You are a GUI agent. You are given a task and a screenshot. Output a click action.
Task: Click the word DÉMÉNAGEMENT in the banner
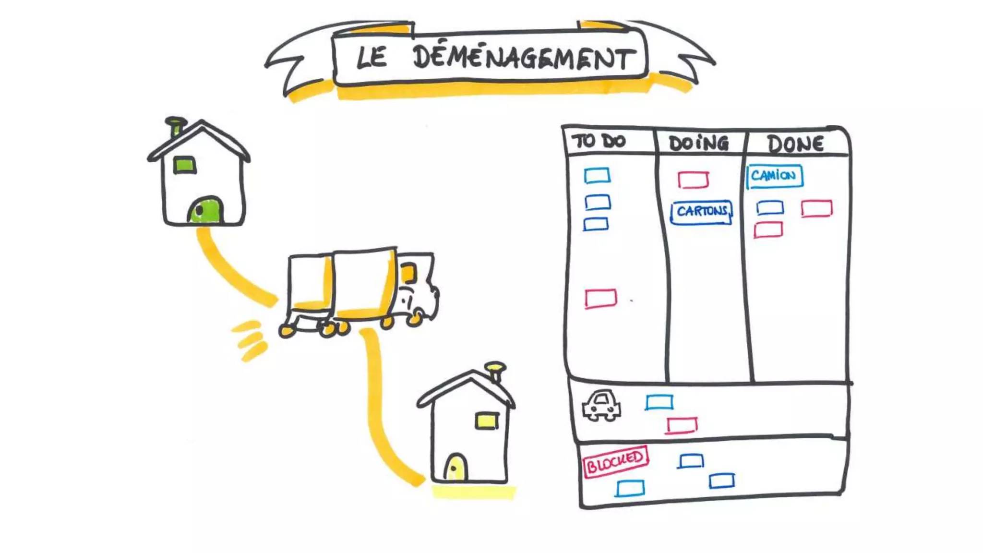pyautogui.click(x=523, y=59)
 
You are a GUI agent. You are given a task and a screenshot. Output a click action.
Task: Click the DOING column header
pyautogui.click(x=698, y=143)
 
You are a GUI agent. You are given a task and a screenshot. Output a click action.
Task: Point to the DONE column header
pyautogui.click(x=795, y=144)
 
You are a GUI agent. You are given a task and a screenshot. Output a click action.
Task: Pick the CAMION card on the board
pyautogui.click(x=774, y=176)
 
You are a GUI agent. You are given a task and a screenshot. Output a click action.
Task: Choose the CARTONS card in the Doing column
pyautogui.click(x=701, y=212)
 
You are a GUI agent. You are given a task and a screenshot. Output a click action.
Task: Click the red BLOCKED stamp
pyautogui.click(x=615, y=461)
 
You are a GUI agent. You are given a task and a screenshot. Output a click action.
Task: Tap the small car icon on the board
pyautogui.click(x=601, y=406)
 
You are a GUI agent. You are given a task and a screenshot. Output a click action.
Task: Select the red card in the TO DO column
pyautogui.click(x=600, y=298)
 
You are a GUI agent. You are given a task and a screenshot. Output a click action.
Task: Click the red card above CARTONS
pyautogui.click(x=693, y=180)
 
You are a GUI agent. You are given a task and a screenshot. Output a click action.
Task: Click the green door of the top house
pyautogui.click(x=206, y=211)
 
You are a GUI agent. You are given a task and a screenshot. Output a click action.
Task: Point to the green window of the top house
pyautogui.click(x=184, y=165)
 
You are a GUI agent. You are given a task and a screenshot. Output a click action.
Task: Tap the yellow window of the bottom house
pyautogui.click(x=487, y=421)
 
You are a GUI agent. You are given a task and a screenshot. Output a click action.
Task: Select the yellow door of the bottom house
pyautogui.click(x=455, y=468)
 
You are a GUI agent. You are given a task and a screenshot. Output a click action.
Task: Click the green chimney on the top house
pyautogui.click(x=176, y=126)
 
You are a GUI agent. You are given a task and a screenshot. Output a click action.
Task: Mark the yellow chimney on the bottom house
pyautogui.click(x=495, y=371)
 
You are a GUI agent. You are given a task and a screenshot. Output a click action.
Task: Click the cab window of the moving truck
pyautogui.click(x=408, y=274)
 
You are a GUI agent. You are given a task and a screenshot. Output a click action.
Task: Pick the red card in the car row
pyautogui.click(x=682, y=425)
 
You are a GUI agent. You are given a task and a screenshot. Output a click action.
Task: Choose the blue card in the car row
pyautogui.click(x=659, y=402)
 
